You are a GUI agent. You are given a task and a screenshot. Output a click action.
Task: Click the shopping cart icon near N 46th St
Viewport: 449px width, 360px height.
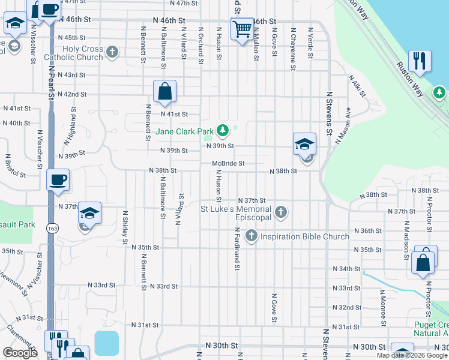(x=242, y=28)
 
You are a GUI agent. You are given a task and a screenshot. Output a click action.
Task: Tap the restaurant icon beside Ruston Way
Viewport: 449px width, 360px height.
(x=418, y=61)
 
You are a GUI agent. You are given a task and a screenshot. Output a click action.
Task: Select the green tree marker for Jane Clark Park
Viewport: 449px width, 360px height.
(x=223, y=130)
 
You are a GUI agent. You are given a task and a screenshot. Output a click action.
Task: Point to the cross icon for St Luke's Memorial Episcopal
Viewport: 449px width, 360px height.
(x=280, y=212)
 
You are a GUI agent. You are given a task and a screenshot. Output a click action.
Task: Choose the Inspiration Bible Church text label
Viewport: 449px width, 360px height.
(x=304, y=236)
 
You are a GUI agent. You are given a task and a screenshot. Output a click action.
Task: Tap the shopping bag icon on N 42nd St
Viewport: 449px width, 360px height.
(x=164, y=92)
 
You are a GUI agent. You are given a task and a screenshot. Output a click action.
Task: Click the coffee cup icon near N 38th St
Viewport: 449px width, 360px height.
(x=58, y=180)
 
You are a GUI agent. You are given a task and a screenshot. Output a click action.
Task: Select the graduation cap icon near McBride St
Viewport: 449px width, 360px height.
(x=305, y=143)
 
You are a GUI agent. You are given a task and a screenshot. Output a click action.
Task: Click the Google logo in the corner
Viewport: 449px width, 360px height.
(x=20, y=352)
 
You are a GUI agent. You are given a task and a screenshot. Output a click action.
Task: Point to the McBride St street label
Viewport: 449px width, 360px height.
(x=228, y=163)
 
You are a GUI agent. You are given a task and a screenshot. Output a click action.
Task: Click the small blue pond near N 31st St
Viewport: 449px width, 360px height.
(x=106, y=342)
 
